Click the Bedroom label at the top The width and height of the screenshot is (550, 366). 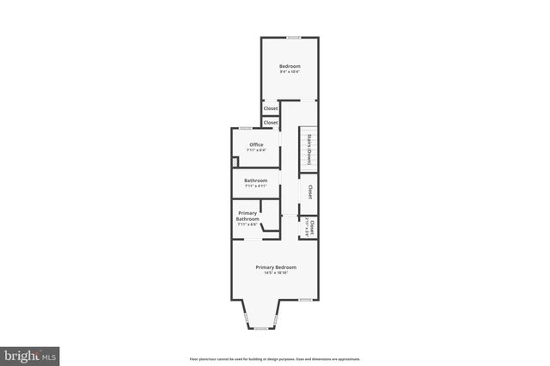[x=289, y=66]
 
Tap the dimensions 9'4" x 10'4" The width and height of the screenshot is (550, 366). [x=289, y=72]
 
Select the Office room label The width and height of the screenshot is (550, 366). [x=256, y=143]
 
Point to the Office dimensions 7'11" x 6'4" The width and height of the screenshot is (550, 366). [x=256, y=150]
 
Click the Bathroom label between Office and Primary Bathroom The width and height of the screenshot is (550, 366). [x=255, y=180]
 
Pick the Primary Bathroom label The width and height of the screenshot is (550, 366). [x=247, y=216]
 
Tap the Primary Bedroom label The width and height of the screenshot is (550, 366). [x=276, y=266]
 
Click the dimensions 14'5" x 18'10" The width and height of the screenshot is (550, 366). [x=276, y=273]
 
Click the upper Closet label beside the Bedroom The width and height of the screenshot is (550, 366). [x=271, y=108]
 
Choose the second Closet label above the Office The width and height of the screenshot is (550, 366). [x=271, y=123]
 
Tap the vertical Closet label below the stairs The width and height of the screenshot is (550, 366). [x=309, y=192]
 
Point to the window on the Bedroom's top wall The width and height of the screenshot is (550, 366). [x=294, y=37]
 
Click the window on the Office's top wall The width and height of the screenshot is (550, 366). [x=246, y=129]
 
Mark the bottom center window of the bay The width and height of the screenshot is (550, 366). [x=260, y=329]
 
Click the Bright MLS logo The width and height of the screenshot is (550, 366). [x=30, y=353]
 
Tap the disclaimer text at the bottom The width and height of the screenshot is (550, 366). [x=275, y=358]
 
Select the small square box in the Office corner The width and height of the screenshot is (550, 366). [x=235, y=161]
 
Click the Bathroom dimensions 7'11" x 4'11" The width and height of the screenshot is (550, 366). [x=255, y=186]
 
